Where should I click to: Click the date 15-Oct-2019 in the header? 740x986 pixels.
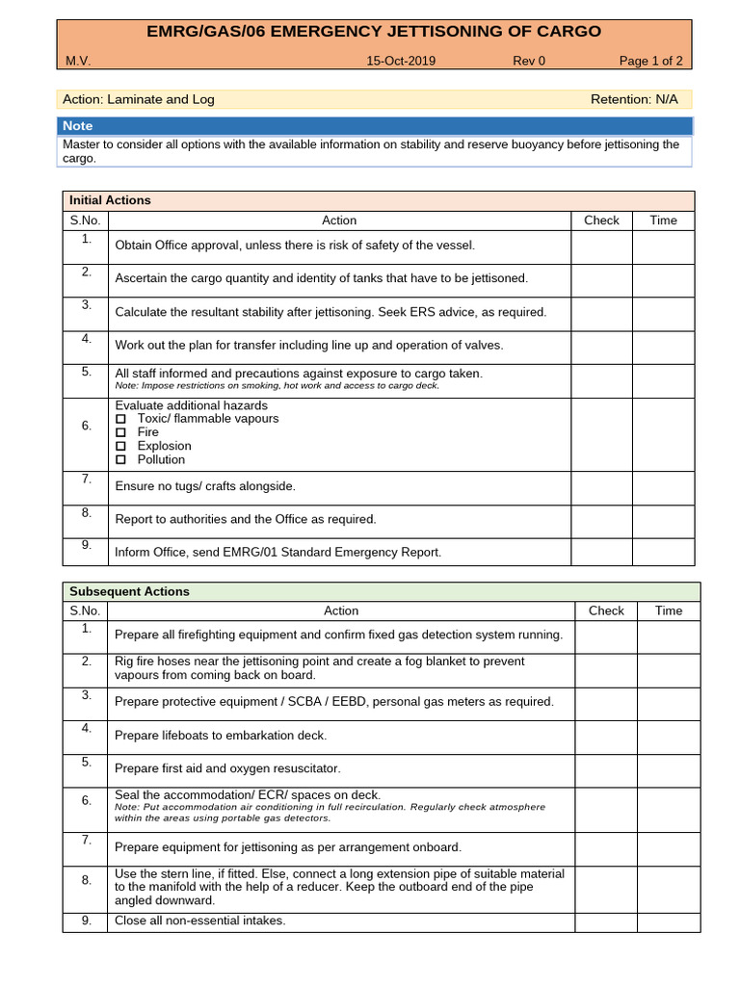401,61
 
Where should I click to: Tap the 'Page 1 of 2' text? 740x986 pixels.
650,61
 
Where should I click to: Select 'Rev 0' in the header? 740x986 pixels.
528,61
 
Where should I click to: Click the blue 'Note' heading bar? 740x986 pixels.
374,126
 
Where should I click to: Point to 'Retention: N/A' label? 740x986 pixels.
634,99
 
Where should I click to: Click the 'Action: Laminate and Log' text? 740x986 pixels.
139,99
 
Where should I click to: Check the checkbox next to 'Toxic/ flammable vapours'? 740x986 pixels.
121,419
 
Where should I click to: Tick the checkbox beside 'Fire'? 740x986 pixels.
121,432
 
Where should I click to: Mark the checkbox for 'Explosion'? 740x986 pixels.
121,446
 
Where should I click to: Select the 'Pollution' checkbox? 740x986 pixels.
121,459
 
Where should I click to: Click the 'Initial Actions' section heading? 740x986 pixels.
110,200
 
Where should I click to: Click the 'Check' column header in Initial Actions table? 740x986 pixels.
601,221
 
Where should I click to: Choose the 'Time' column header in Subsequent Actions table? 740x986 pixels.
668,610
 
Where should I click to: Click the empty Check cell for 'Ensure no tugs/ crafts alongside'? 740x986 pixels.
601,486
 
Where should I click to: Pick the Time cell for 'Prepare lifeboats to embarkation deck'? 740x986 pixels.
668,736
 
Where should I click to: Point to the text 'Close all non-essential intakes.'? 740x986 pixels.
200,921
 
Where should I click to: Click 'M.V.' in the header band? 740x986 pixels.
78,61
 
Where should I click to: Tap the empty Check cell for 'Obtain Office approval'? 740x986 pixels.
601,246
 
